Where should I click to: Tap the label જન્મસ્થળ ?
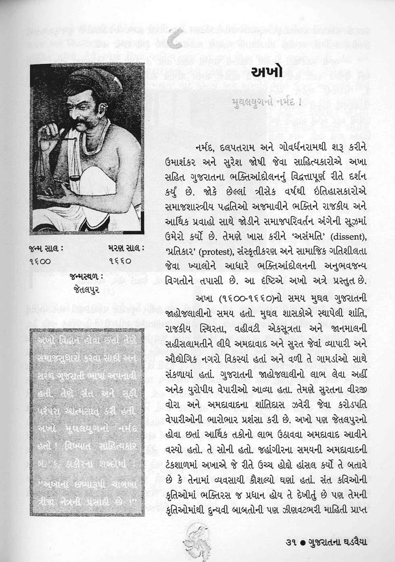point(84,277)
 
